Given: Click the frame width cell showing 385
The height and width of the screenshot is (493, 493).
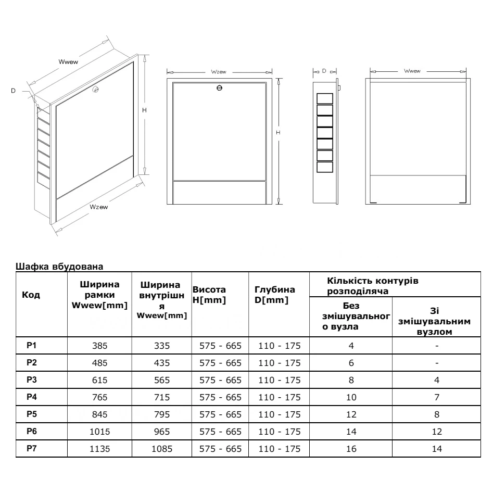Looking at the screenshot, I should point(99,346).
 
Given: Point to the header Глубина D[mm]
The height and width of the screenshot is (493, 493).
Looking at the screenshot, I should point(275,295).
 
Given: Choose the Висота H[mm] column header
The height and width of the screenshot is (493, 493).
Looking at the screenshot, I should point(209,295).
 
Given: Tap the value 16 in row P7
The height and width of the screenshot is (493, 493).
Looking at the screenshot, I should point(351,450).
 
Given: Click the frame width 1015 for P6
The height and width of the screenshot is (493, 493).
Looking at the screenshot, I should point(99,432).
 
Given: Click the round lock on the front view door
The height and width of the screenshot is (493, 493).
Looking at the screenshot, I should point(219,88).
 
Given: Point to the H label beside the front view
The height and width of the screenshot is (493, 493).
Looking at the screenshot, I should point(279,133).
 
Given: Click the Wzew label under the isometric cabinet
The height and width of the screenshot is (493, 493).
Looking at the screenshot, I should point(98,207).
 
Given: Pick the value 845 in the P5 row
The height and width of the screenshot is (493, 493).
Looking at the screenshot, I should point(99,415).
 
